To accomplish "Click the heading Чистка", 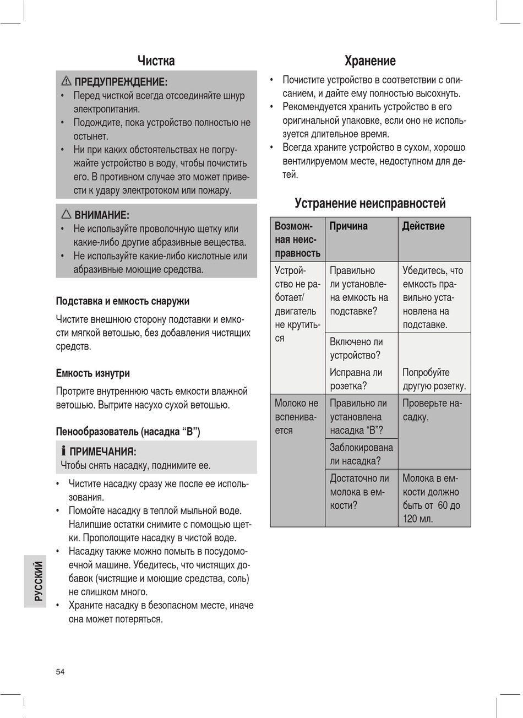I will click(x=156, y=61).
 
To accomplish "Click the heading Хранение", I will click(x=370, y=61).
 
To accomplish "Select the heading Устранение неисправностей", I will click(x=370, y=203).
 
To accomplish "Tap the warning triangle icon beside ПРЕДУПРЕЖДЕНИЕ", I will click(x=66, y=81).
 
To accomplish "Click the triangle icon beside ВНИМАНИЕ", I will click(x=66, y=214).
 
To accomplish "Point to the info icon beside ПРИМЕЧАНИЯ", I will click(x=64, y=452).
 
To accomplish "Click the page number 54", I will click(x=60, y=671).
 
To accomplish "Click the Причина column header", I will click(x=348, y=226).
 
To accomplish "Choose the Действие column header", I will click(x=423, y=226).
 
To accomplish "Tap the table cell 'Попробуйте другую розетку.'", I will click(x=434, y=379).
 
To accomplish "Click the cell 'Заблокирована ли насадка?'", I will click(x=361, y=454).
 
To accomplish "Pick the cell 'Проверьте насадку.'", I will click(x=432, y=410).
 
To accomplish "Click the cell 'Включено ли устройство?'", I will click(x=356, y=349).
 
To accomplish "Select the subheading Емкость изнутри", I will click(x=93, y=373).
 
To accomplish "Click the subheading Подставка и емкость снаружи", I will click(x=122, y=301).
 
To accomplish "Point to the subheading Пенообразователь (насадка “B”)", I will click(x=128, y=431).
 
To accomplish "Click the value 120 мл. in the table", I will click(x=418, y=519).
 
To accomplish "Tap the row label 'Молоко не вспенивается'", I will click(x=297, y=417).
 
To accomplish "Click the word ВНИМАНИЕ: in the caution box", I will click(x=102, y=215).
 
